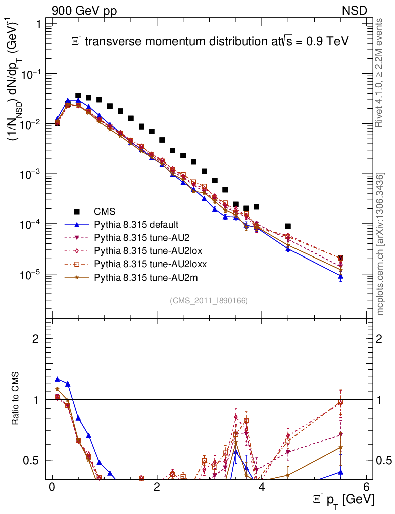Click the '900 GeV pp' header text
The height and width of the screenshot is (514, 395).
(x=83, y=10)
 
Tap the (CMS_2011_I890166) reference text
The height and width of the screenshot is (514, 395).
(x=209, y=300)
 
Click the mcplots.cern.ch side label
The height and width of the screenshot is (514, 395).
(x=381, y=244)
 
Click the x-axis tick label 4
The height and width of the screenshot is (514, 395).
(x=261, y=487)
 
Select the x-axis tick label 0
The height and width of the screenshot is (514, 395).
(x=52, y=487)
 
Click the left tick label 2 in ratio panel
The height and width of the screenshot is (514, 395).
(x=36, y=339)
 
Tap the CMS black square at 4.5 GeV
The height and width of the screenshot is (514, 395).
(x=288, y=227)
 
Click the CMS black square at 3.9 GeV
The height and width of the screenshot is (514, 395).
(x=256, y=206)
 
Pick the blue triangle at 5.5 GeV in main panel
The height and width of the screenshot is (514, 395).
(x=340, y=276)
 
